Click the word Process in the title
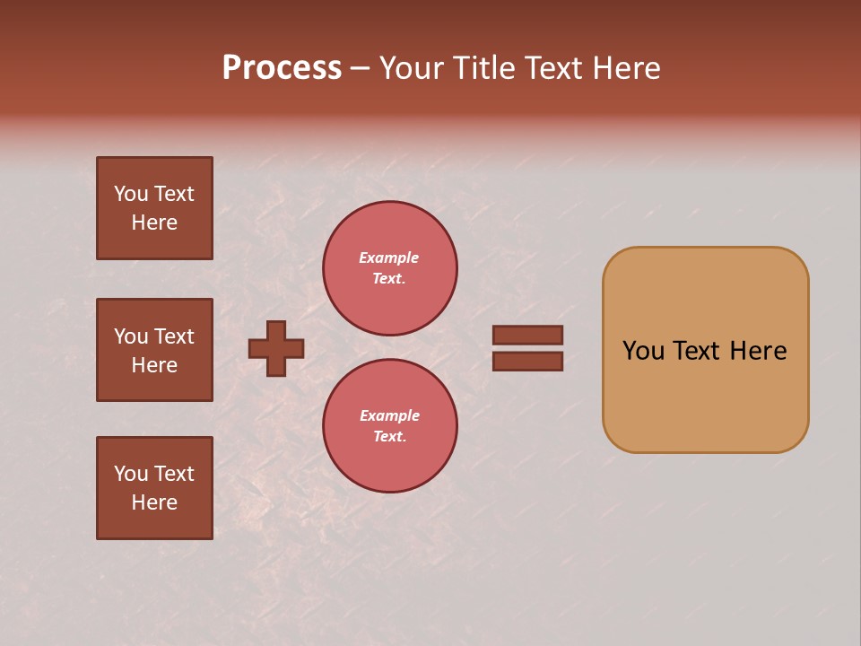click(x=282, y=68)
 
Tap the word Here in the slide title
click(x=622, y=68)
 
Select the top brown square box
click(x=154, y=208)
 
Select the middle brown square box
click(x=154, y=350)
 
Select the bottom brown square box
click(x=154, y=488)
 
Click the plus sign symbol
click(x=276, y=348)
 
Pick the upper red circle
click(x=390, y=268)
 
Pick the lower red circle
click(x=390, y=426)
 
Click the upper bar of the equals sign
click(x=528, y=335)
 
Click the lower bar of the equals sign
click(x=528, y=362)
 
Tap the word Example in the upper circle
click(x=388, y=258)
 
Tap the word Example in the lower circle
click(x=389, y=416)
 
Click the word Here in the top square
click(x=154, y=223)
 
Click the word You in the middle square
click(x=130, y=336)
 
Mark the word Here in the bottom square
click(x=154, y=503)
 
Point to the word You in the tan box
click(x=643, y=351)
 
